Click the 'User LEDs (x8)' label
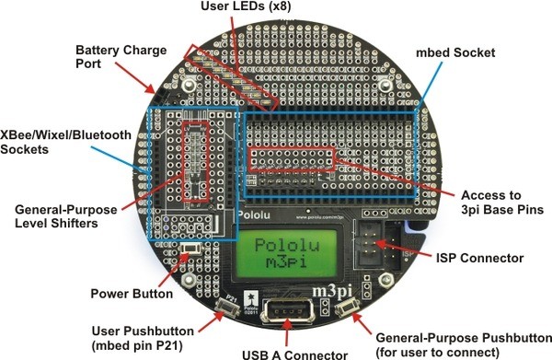point(246,6)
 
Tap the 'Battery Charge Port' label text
point(121,57)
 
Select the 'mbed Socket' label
point(455,52)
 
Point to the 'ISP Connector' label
point(479,258)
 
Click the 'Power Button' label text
point(132,294)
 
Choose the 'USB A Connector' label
point(294,354)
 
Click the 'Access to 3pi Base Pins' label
point(502,203)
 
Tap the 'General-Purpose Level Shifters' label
point(66,216)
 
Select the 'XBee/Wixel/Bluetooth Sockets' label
point(65,142)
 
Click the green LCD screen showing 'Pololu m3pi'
point(287,253)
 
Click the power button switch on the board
point(190,249)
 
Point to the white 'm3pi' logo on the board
point(332,291)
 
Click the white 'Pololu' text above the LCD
point(254,215)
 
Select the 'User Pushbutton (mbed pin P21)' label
point(143,338)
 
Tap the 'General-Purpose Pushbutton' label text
point(464,338)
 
